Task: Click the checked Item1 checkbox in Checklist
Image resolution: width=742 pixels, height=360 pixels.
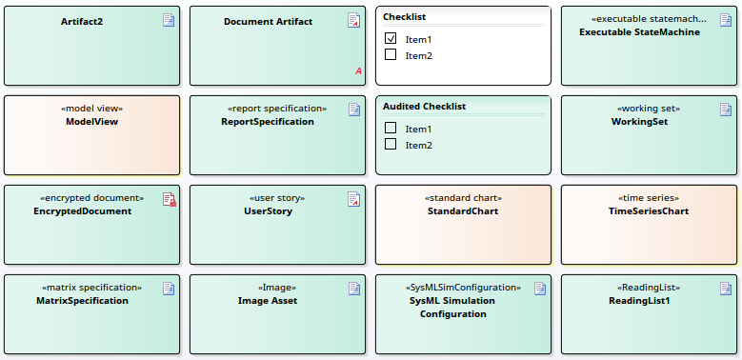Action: point(391,39)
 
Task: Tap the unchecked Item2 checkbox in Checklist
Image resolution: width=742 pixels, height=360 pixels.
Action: point(391,55)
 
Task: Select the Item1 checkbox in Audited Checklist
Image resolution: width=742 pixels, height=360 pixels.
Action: point(391,129)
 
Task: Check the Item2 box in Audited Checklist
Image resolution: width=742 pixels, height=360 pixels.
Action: point(391,145)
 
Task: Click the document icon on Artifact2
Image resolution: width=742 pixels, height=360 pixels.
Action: point(169,20)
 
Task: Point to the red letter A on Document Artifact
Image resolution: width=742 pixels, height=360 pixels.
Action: point(358,71)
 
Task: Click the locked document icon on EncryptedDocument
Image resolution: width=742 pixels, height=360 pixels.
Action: point(169,199)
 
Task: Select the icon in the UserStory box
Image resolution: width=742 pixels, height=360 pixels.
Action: point(353,199)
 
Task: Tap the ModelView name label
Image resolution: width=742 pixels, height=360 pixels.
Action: point(91,122)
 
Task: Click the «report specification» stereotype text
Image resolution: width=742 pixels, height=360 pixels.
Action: point(276,109)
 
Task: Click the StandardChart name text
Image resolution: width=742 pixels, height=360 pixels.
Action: point(463,211)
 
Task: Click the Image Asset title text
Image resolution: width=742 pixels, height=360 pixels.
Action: point(268,301)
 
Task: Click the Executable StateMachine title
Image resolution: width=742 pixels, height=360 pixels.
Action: point(639,32)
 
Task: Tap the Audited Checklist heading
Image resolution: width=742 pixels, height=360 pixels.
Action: point(424,107)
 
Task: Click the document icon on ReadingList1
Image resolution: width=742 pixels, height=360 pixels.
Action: point(725,289)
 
